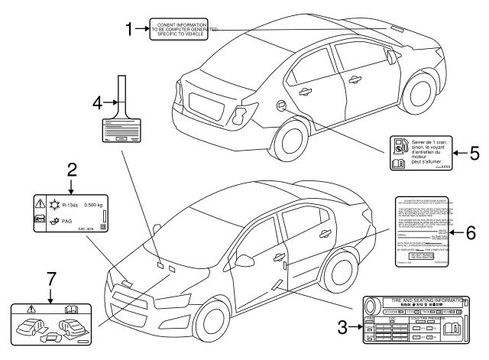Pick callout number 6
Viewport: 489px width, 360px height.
[x=471, y=232]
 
